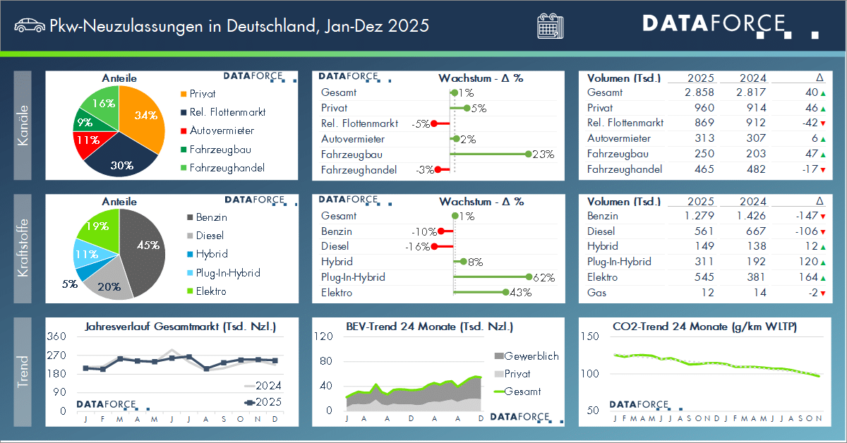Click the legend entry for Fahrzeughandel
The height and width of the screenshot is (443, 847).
tap(222, 168)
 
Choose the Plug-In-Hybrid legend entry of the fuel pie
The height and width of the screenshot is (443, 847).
tap(227, 273)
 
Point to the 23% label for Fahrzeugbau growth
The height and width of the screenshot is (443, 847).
tap(543, 154)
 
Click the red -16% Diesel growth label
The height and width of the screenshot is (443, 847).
tap(416, 247)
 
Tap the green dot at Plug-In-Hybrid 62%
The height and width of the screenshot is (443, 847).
tap(527, 277)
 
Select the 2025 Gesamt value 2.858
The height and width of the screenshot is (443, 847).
tap(699, 92)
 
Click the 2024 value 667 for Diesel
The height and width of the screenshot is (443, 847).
tap(754, 231)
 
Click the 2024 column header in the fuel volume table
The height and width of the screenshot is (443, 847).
tap(754, 201)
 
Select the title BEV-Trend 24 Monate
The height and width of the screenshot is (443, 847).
tap(429, 327)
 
